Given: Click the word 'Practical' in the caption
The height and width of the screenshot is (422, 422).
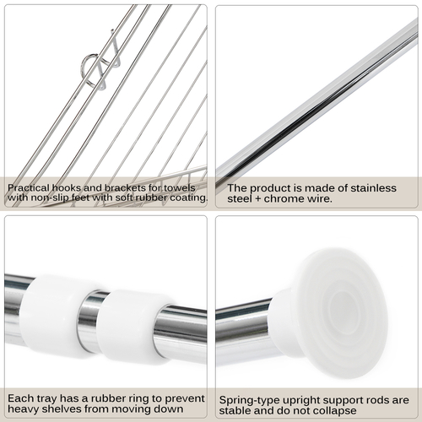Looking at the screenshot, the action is pos(29,188).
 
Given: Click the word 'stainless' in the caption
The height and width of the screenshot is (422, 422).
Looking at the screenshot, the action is pos(373,188).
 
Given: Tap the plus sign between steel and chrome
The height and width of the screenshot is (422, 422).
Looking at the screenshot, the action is pos(257,199).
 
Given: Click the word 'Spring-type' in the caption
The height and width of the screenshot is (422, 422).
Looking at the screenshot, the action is pos(249,401).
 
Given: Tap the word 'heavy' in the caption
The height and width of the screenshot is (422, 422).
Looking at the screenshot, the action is pos(23,409).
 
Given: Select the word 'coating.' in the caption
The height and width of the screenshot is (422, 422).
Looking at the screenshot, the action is pos(189,197).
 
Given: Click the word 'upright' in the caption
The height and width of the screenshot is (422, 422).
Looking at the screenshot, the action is pos(301,401).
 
